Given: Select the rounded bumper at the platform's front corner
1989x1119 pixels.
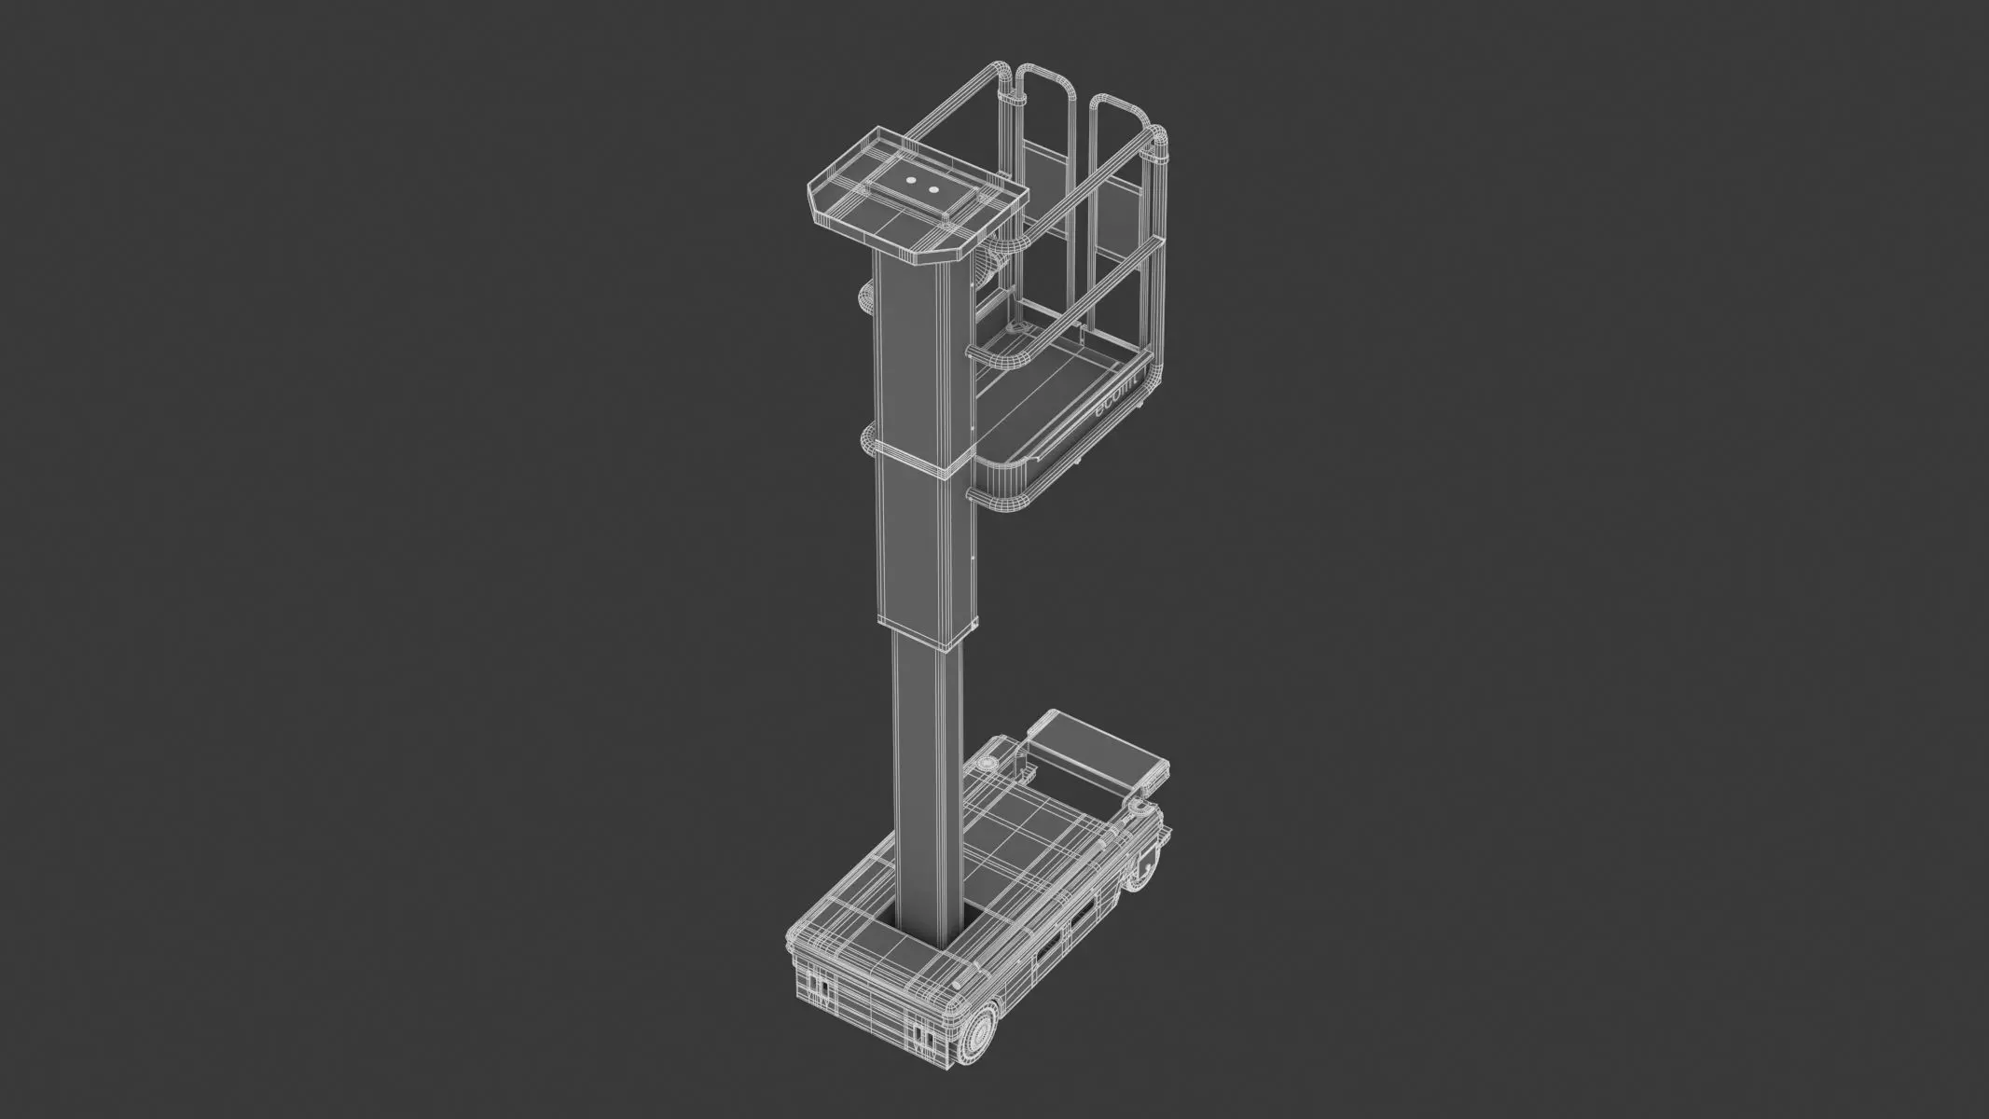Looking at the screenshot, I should tap(1002, 494).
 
